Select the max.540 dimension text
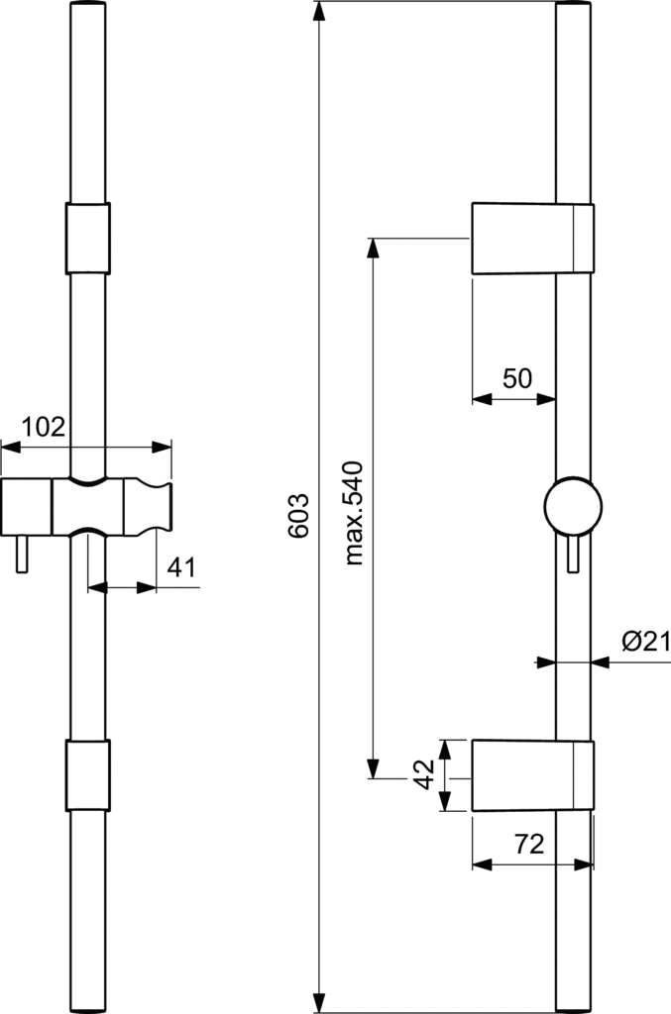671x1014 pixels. click(356, 513)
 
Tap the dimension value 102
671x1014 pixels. click(44, 427)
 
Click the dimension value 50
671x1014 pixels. click(517, 378)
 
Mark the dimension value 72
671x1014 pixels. click(531, 845)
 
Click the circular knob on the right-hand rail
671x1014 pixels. click(573, 506)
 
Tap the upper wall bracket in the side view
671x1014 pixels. click(532, 238)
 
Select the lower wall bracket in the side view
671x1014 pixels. click(532, 774)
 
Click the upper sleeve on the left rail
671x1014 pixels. click(87, 238)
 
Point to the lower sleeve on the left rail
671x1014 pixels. click(87, 774)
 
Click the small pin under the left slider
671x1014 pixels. click(21, 558)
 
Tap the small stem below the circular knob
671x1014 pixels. click(572, 556)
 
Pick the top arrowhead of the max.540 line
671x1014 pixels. click(374, 249)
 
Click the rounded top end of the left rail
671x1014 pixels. click(87, 8)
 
